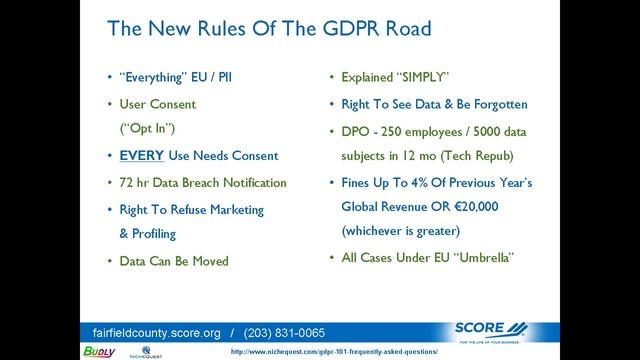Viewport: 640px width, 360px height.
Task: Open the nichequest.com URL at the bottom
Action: click(x=348, y=353)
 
